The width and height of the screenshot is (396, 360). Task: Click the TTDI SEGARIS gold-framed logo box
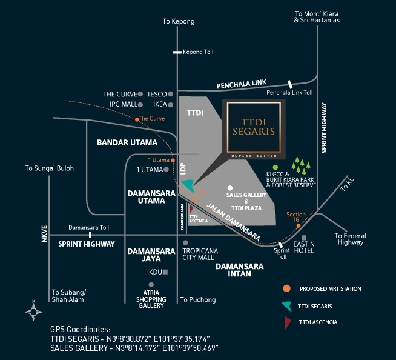point(254,126)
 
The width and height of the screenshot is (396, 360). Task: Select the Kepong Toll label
point(198,52)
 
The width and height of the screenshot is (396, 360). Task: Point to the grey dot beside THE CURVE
point(140,94)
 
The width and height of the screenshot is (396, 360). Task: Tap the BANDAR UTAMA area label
point(127,142)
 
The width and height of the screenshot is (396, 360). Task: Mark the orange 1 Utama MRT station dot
point(173,160)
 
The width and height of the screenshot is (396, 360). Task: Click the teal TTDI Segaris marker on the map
point(188,184)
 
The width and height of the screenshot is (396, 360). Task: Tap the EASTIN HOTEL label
point(304,247)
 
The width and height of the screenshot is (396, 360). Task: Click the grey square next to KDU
point(165,272)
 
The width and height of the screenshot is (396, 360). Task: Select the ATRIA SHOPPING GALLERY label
point(151,298)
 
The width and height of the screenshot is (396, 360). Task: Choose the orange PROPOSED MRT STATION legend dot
point(286,288)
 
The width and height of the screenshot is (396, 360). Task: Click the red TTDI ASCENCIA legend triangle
point(286,321)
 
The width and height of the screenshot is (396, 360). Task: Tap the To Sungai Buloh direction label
point(49,168)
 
